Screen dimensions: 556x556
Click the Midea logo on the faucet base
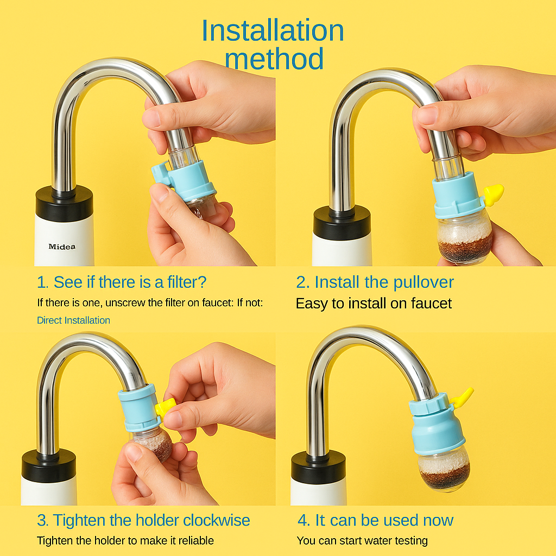tap(62, 247)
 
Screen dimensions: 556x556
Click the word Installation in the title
tap(273, 31)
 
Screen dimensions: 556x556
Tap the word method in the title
tap(274, 59)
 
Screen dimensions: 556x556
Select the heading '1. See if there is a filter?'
tap(122, 282)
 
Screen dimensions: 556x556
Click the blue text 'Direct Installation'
tap(73, 320)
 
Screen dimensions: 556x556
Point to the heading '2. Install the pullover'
tap(375, 282)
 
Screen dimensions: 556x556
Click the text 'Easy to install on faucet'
tap(374, 303)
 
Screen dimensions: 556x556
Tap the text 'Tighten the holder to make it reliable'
tap(125, 540)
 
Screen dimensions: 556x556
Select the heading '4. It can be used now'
tap(376, 520)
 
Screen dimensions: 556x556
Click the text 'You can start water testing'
tap(362, 540)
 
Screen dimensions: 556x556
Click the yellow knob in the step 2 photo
tap(493, 194)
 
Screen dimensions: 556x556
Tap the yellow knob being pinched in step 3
tap(165, 407)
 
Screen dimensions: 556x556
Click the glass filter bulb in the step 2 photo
tap(465, 238)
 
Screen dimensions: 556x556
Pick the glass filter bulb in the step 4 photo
tap(444, 469)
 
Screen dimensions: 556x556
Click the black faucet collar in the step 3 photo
tap(48, 465)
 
